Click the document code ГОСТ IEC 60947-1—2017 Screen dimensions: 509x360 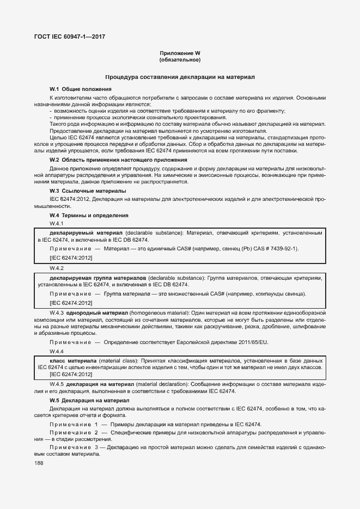(69, 37)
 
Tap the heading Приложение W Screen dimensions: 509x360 (180, 53)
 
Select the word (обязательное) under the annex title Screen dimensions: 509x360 (180, 59)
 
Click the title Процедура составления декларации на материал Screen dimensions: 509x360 (180, 77)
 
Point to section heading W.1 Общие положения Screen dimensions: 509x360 (81, 89)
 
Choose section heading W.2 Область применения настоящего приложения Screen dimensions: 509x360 (118, 160)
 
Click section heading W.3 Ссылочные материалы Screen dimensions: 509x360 (88, 191)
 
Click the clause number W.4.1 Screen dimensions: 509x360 (57, 224)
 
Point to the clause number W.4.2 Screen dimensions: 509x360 (57, 268)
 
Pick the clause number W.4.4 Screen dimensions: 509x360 (57, 351)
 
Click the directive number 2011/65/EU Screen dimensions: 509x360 (251, 342)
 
